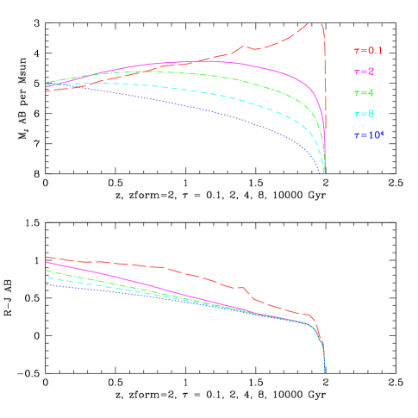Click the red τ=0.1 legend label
pos(367,51)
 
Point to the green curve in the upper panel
pos(259,83)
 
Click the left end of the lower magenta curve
pos(47,263)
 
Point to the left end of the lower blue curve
pos(47,284)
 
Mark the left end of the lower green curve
pos(47,271)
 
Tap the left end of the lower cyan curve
pos(47,278)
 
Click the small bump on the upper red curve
pos(245,47)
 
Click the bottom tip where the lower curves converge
pos(324,371)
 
